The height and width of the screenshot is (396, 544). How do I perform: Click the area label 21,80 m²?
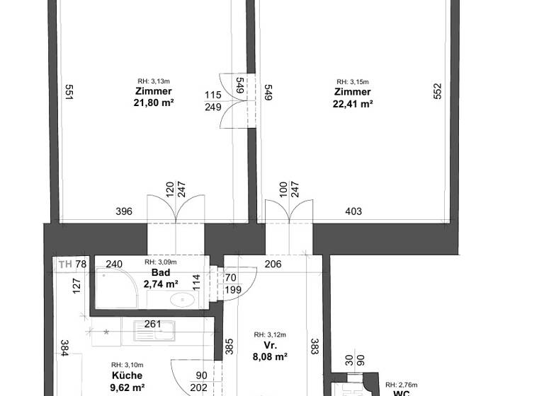[x=154, y=103]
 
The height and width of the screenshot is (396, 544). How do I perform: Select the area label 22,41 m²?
[x=352, y=103]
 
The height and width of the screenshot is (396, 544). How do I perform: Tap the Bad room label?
[x=160, y=272]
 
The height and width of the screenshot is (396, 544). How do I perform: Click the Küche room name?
[x=127, y=375]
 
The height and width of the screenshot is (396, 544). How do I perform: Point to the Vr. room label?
[x=270, y=346]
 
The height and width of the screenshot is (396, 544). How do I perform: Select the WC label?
[x=402, y=391]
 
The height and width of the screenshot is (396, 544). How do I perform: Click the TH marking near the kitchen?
[x=65, y=264]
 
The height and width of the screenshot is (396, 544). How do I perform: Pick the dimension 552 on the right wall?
[x=437, y=92]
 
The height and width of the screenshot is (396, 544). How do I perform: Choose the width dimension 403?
[x=353, y=211]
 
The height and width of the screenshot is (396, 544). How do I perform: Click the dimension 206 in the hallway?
[x=273, y=264]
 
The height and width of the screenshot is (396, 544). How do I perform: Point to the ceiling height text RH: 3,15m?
[x=352, y=81]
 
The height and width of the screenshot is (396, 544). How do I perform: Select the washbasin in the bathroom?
[x=183, y=300]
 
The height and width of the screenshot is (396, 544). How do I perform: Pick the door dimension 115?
[x=212, y=95]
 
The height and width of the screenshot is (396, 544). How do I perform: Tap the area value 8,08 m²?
[x=270, y=357]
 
